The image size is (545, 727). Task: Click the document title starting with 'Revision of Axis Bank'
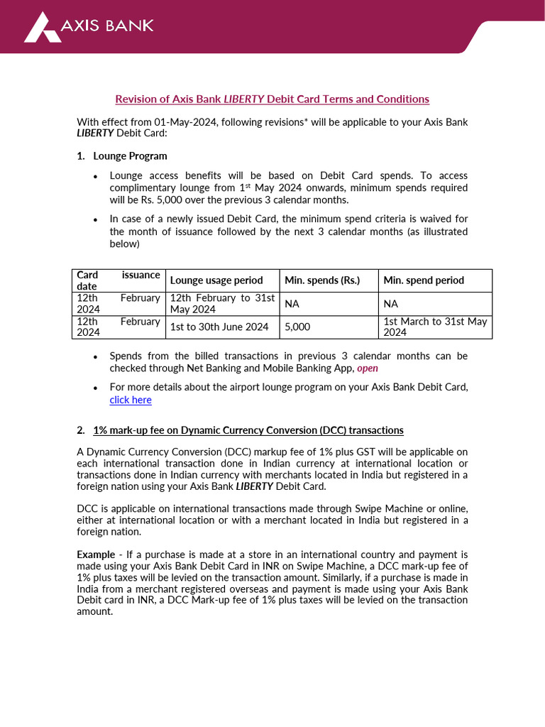click(272, 99)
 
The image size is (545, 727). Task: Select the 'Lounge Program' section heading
click(130, 155)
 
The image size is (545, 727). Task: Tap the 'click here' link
click(131, 400)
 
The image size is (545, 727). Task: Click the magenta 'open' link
click(367, 368)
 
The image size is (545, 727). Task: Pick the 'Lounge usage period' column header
click(216, 280)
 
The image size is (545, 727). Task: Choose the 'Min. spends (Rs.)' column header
click(322, 280)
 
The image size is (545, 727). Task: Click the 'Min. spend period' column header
click(424, 280)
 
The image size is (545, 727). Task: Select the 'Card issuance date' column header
click(118, 280)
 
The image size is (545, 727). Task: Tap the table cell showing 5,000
click(297, 327)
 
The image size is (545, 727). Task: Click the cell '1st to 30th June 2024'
click(219, 327)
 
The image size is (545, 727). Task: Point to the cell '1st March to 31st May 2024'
click(435, 327)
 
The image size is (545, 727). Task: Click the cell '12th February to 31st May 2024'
click(222, 304)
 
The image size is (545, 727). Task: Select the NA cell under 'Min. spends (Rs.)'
click(292, 304)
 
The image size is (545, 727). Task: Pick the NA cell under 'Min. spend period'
click(391, 304)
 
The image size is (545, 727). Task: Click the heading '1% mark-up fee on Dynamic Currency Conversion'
click(248, 430)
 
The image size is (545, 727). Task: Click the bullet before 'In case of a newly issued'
click(96, 220)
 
